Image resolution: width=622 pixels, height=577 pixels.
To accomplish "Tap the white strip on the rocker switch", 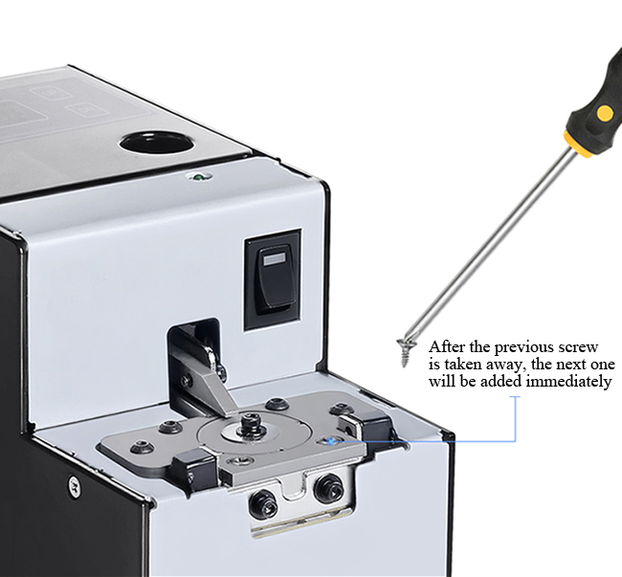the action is [274, 259].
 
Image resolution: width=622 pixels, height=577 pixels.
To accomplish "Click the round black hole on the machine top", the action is [157, 143].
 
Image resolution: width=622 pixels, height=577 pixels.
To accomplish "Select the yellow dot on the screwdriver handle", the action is [604, 113].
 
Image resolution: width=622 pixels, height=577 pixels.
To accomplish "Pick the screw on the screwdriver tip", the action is [404, 351].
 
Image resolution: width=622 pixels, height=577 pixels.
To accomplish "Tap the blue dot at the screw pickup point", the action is [329, 441].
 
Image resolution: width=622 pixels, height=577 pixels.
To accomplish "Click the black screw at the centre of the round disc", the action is [251, 423].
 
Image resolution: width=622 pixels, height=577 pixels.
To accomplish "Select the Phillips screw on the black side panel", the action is [74, 485].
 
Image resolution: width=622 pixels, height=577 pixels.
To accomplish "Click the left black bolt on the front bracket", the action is [263, 504].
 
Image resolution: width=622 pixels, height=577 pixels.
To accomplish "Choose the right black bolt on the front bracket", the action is [329, 488].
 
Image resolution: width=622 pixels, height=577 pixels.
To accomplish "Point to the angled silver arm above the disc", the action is [217, 390].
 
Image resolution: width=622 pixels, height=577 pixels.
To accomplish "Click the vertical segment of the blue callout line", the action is [515, 418].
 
